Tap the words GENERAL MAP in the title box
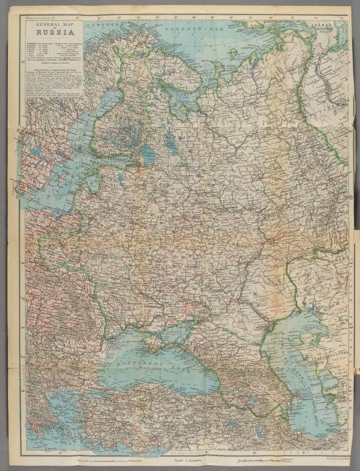click(x=53, y=23)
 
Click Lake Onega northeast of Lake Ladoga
click(x=171, y=141)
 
